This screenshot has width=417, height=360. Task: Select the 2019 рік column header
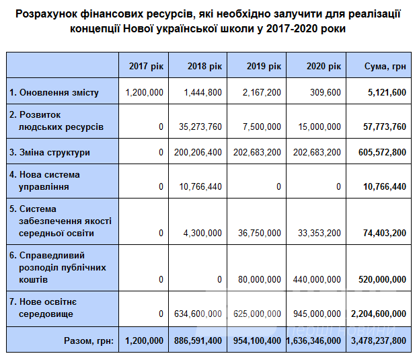264,67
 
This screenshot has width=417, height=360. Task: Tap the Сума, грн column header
385,67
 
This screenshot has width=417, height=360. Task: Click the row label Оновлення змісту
54,93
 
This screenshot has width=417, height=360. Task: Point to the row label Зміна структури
50,153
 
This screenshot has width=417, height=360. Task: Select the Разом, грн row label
89,341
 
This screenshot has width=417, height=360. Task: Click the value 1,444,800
202,93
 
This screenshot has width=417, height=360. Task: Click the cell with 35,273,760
197,127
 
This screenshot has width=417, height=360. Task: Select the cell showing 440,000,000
316,280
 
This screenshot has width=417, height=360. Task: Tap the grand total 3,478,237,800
379,341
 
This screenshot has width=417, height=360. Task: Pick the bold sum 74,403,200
385,233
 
